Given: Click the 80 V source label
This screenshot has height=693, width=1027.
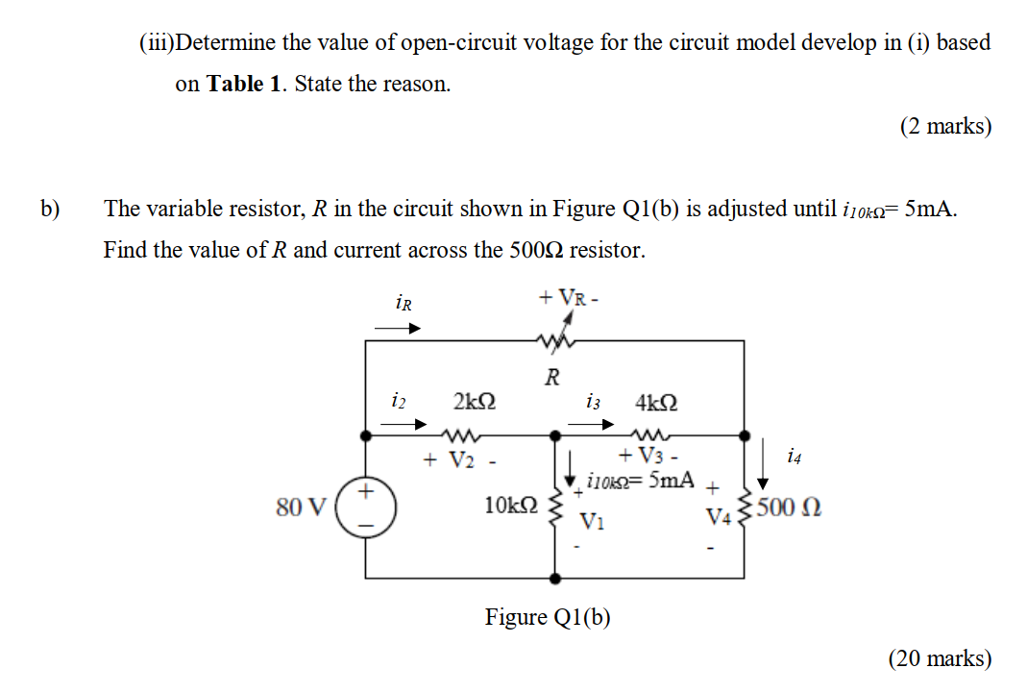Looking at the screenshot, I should click(301, 507).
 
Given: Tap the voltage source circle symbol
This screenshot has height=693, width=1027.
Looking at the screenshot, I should click(365, 507).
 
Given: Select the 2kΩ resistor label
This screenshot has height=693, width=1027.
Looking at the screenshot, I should click(474, 401).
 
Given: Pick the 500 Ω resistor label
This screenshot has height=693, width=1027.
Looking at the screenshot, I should click(789, 507).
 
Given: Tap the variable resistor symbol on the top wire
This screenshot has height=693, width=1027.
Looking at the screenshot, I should click(554, 339).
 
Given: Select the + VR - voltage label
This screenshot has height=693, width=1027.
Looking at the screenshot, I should click(570, 297).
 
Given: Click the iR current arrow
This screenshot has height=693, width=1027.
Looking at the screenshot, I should click(398, 329).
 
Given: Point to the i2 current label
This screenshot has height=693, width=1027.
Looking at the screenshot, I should click(399, 398).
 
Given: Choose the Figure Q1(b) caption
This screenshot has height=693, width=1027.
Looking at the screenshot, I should click(548, 616).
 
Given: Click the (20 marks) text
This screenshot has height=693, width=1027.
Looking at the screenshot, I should click(940, 658).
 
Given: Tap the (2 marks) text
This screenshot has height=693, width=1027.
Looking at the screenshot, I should click(945, 126).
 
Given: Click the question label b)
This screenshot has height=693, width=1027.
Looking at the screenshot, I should click(50, 209).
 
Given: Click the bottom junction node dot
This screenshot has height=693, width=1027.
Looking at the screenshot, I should click(555, 579).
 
